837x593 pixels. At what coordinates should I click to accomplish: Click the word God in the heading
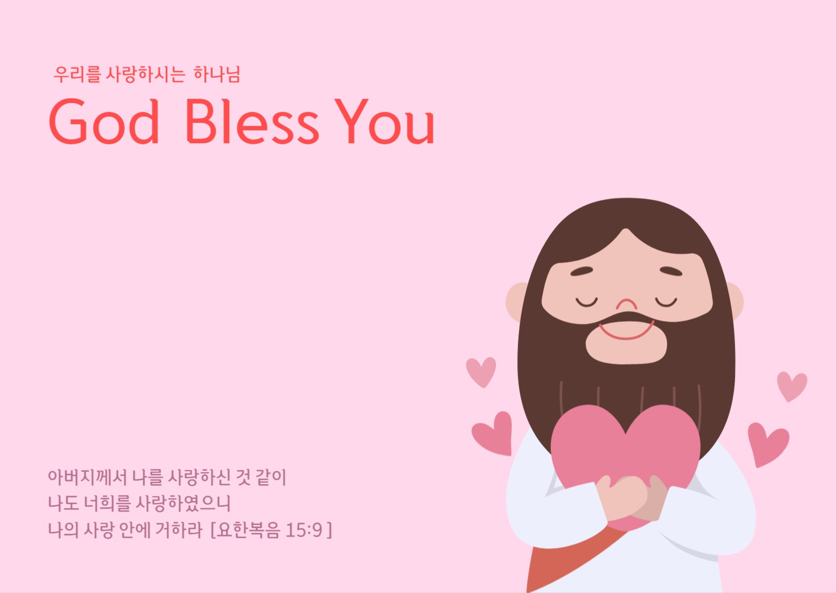click(104, 122)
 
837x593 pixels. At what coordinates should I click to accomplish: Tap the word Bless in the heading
click(252, 122)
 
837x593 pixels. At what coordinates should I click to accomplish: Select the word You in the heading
click(384, 122)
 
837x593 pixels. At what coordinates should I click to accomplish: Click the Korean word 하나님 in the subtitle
click(217, 75)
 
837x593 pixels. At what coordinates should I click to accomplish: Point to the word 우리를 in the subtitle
click(77, 75)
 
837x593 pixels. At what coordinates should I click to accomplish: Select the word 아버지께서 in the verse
click(87, 477)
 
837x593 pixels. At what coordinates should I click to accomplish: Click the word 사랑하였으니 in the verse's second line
click(183, 503)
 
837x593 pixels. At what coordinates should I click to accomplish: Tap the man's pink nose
click(626, 305)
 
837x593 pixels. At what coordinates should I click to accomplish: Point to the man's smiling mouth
click(626, 331)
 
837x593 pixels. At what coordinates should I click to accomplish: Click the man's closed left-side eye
click(586, 301)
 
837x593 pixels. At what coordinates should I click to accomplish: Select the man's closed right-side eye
click(666, 301)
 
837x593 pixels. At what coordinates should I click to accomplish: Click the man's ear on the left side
click(515, 302)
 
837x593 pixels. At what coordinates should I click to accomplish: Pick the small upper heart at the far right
click(791, 386)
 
